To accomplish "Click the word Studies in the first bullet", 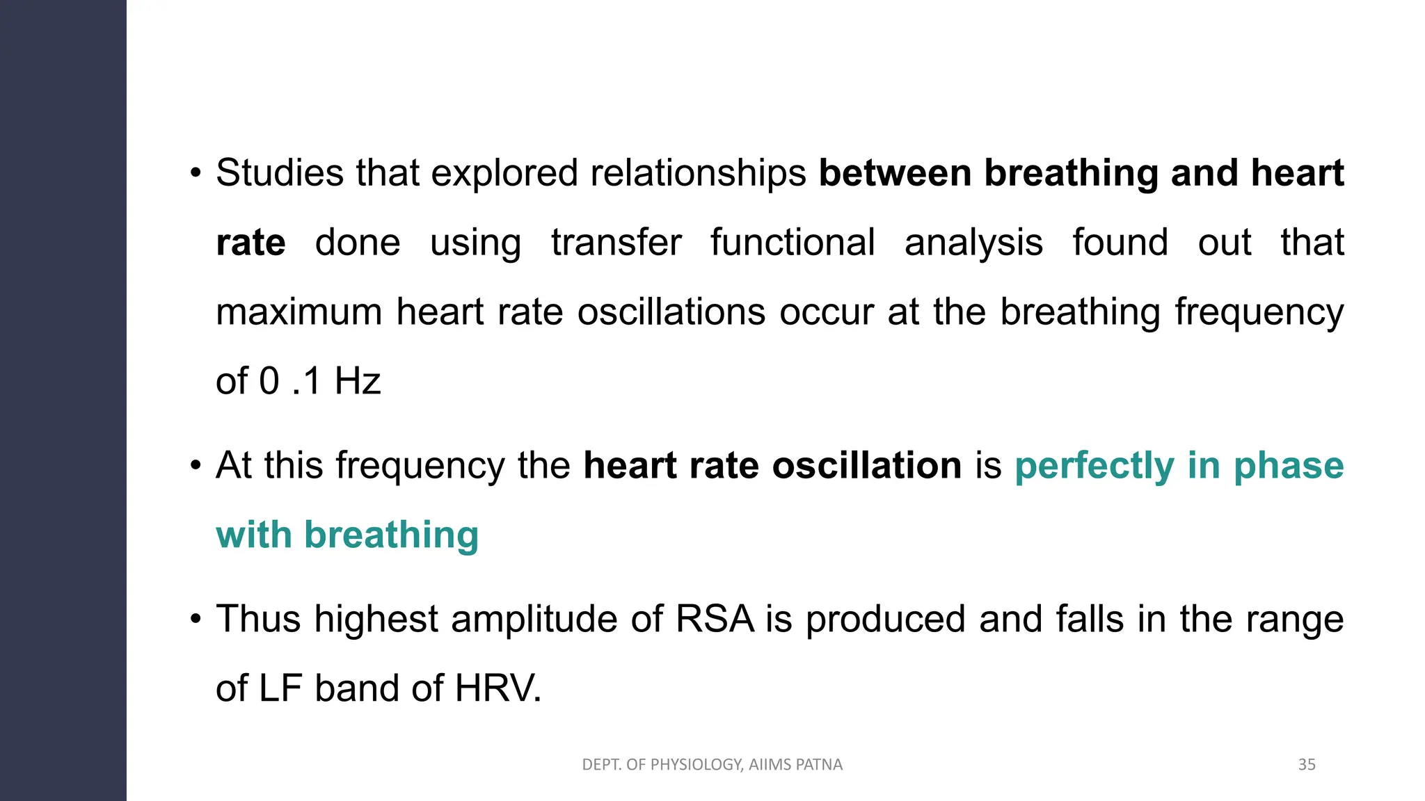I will [279, 172].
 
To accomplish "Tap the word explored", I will [504, 172].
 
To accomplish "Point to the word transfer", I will [616, 242].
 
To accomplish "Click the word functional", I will [793, 242].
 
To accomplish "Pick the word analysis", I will [973, 242].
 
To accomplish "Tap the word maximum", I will [299, 311].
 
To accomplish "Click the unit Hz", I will [358, 381].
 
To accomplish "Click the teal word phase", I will [1289, 465].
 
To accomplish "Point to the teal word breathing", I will [391, 535].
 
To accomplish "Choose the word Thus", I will [258, 619].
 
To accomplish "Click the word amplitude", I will [534, 619].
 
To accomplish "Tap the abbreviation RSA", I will [715, 619].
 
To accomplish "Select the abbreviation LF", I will [280, 688].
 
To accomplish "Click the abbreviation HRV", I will [497, 688].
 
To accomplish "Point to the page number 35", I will [1307, 765].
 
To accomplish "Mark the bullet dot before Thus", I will [196, 617].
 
